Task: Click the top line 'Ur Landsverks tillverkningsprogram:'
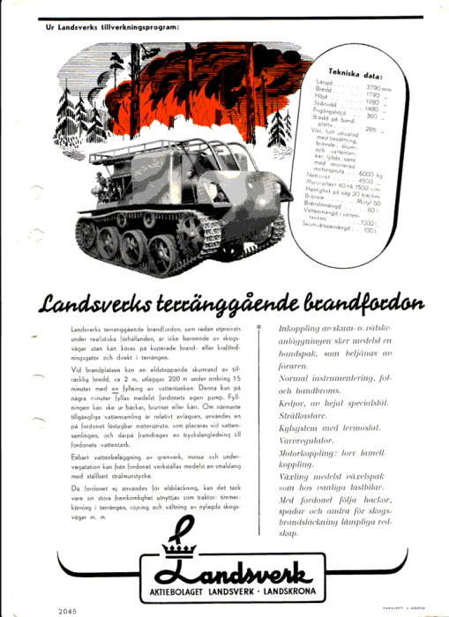click(112, 27)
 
